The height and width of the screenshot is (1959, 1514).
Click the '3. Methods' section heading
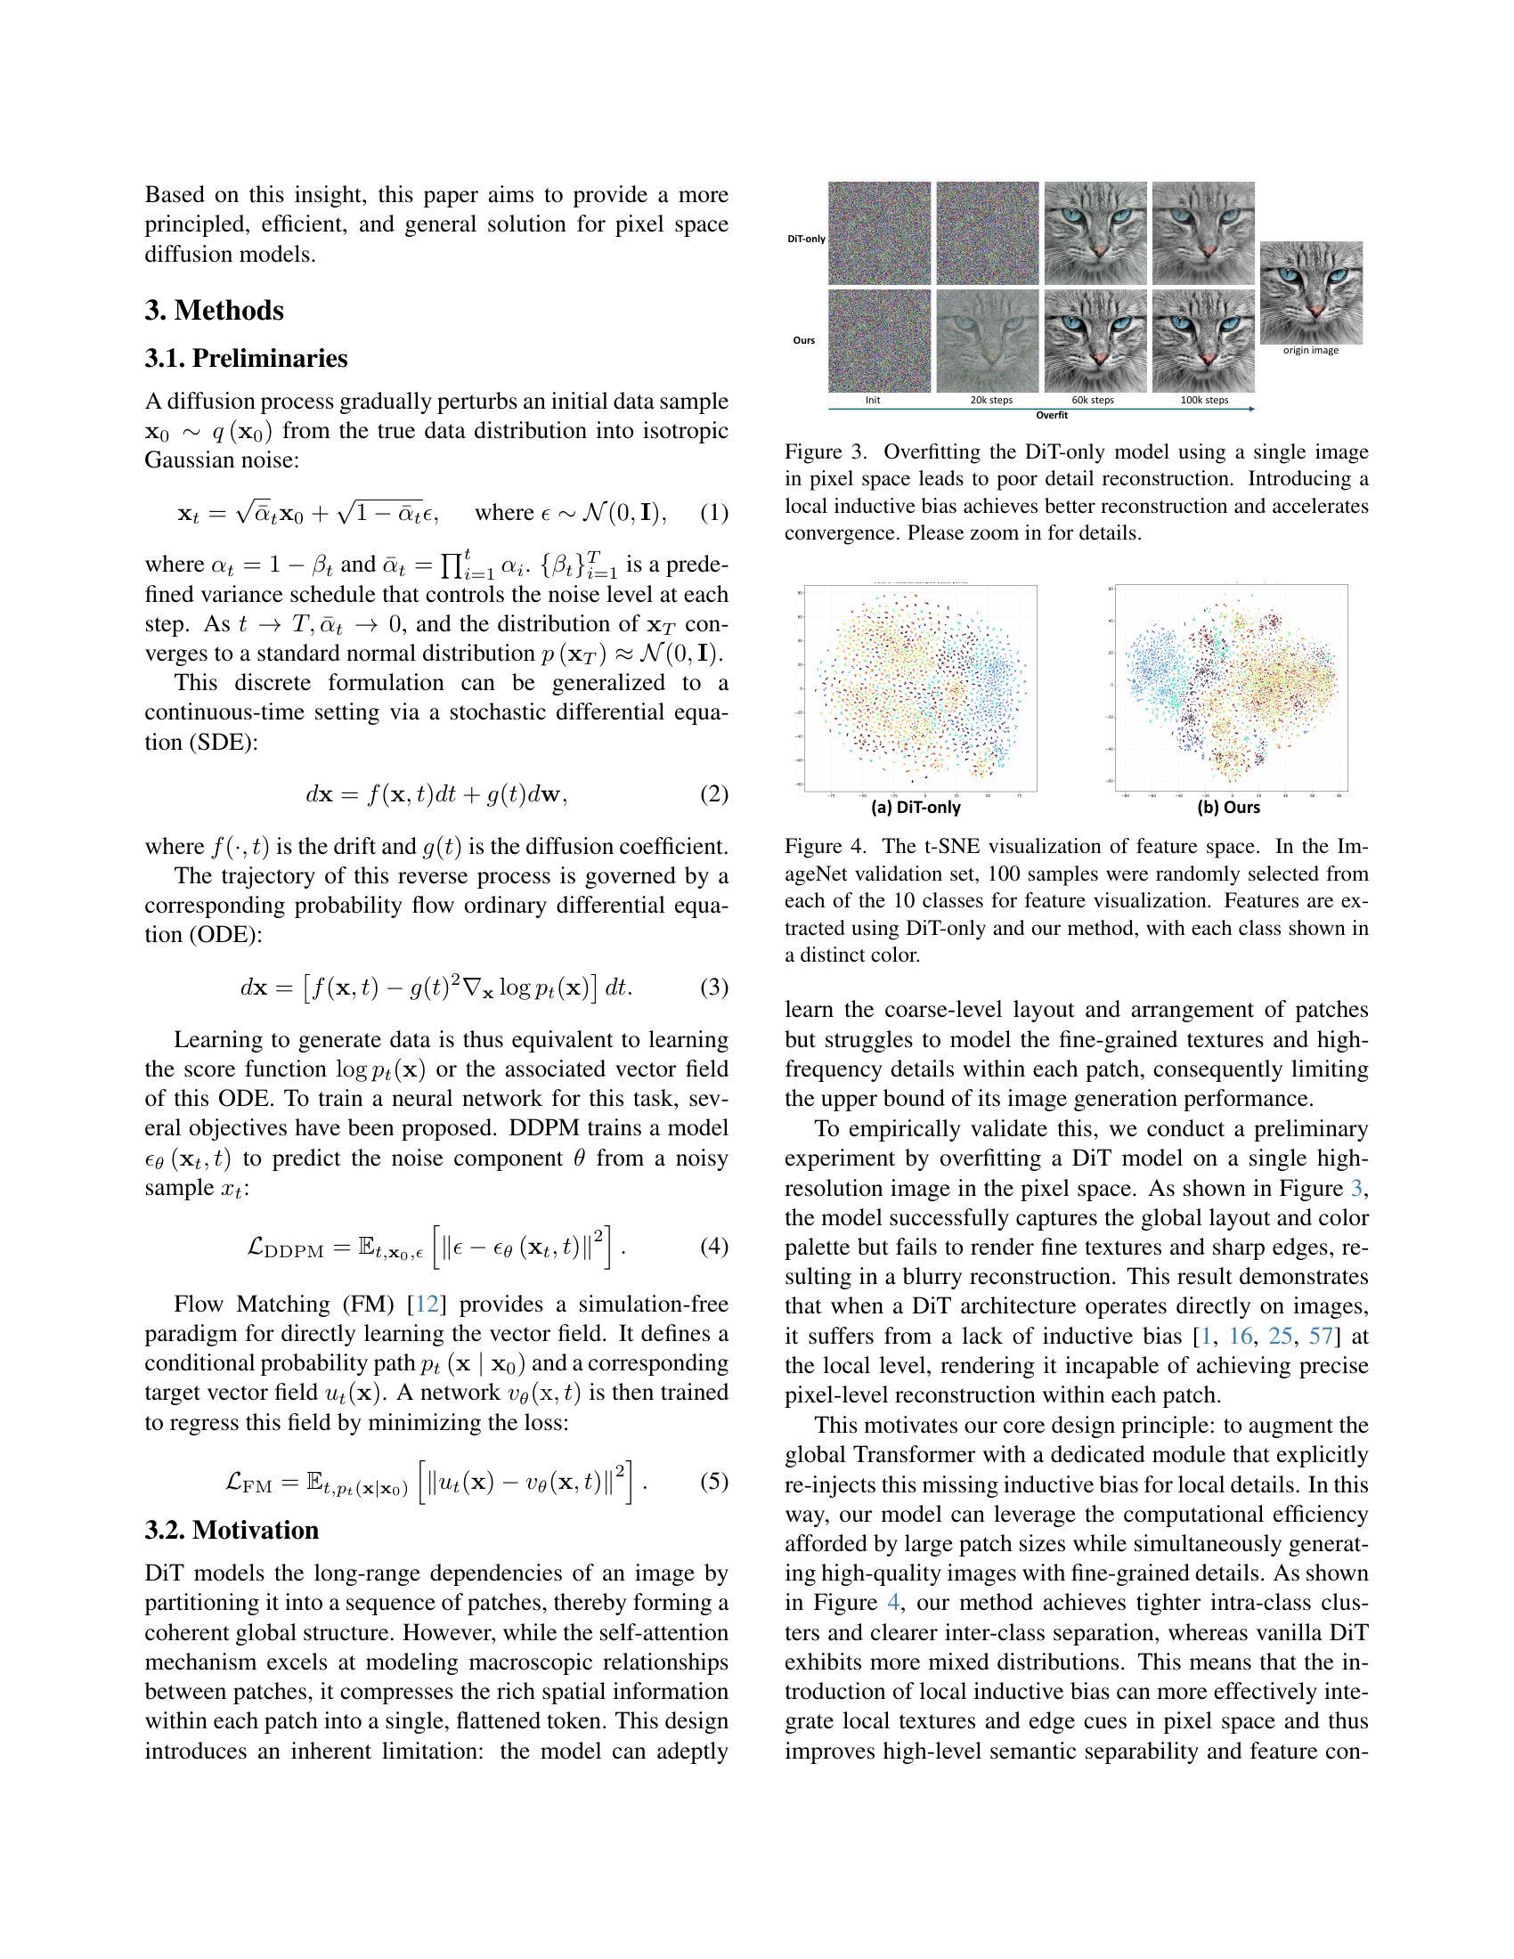click(x=215, y=311)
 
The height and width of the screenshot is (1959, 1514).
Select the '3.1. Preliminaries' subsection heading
click(x=246, y=358)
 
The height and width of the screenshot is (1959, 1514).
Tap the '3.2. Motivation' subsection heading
click(x=232, y=1529)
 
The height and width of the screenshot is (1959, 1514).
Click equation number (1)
click(x=714, y=513)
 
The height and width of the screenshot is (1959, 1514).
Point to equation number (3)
click(x=714, y=988)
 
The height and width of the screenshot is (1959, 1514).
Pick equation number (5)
click(x=714, y=1481)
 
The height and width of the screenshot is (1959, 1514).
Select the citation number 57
click(x=1321, y=1337)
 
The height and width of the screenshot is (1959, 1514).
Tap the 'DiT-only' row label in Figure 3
click(x=805, y=239)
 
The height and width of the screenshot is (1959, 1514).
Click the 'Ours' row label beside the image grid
click(x=803, y=341)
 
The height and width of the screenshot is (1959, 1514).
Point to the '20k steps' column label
click(x=990, y=400)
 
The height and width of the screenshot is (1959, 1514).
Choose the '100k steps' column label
click(x=1204, y=400)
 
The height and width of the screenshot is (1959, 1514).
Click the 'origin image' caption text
click(x=1310, y=351)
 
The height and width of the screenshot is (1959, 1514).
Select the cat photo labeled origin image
click(x=1311, y=291)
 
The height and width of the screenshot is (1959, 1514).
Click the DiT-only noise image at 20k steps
click(x=988, y=233)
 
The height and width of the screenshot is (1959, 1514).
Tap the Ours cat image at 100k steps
click(x=1203, y=341)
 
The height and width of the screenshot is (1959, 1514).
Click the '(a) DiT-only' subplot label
click(x=916, y=808)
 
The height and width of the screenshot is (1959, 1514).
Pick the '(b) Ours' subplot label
click(x=1229, y=808)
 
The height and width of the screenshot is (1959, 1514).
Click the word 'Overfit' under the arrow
click(x=1051, y=415)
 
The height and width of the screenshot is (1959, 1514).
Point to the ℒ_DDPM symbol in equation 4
click(x=285, y=1248)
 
